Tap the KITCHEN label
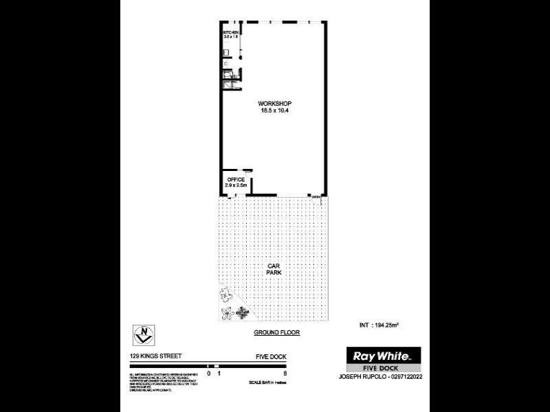pyautogui.click(x=230, y=32)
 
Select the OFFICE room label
pyautogui.click(x=236, y=180)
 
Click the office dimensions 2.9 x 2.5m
pyautogui.click(x=236, y=186)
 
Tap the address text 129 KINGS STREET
pyautogui.click(x=153, y=356)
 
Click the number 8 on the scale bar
pyautogui.click(x=285, y=374)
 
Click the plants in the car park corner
pyautogui.click(x=232, y=306)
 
